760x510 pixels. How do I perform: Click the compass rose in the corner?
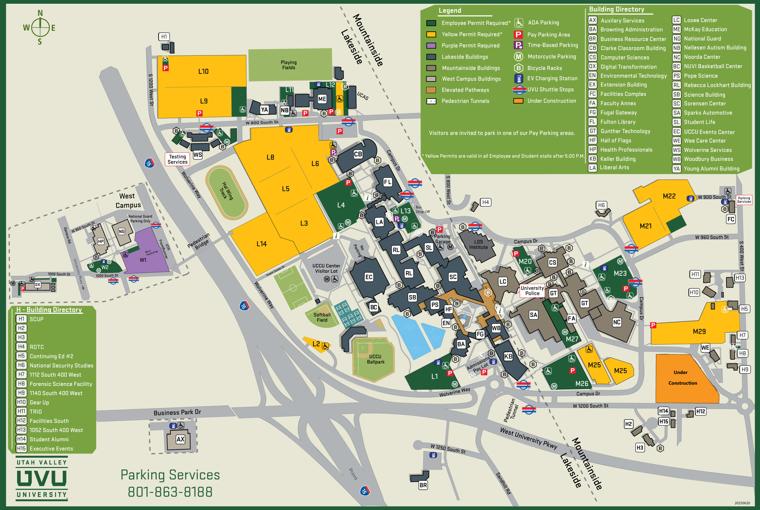(40, 27)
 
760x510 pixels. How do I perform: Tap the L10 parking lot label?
(203, 71)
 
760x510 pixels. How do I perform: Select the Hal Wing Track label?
(227, 191)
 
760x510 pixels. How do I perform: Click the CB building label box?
(358, 154)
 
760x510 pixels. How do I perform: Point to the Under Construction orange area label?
(682, 378)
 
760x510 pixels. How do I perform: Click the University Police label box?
(532, 290)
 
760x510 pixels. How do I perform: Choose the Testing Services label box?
(177, 159)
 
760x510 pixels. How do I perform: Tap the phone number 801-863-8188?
(170, 492)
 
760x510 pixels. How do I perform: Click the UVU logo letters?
(42, 479)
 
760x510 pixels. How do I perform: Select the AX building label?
(180, 439)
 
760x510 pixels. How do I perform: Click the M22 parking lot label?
(669, 196)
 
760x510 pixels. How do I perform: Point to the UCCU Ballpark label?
(375, 359)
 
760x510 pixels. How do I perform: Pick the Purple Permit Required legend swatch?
(431, 45)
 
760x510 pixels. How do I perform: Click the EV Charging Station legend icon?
(519, 78)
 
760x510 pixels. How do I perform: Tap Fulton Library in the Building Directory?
(617, 122)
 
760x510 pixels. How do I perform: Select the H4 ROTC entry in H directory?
(36, 347)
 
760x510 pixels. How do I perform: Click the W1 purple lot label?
(143, 260)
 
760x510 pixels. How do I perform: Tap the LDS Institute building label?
(478, 244)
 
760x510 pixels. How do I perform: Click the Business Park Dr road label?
(177, 412)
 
